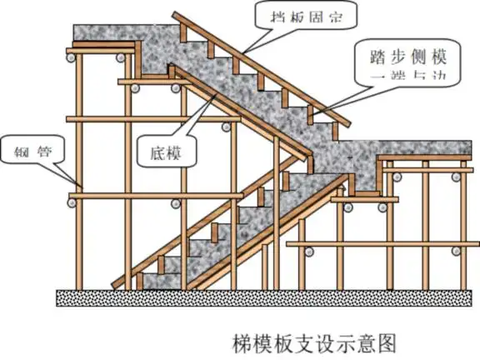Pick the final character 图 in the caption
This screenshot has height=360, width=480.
tap(384, 342)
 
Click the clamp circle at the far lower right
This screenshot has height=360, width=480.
tap(450, 250)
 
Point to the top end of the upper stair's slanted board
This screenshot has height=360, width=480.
tap(177, 16)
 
